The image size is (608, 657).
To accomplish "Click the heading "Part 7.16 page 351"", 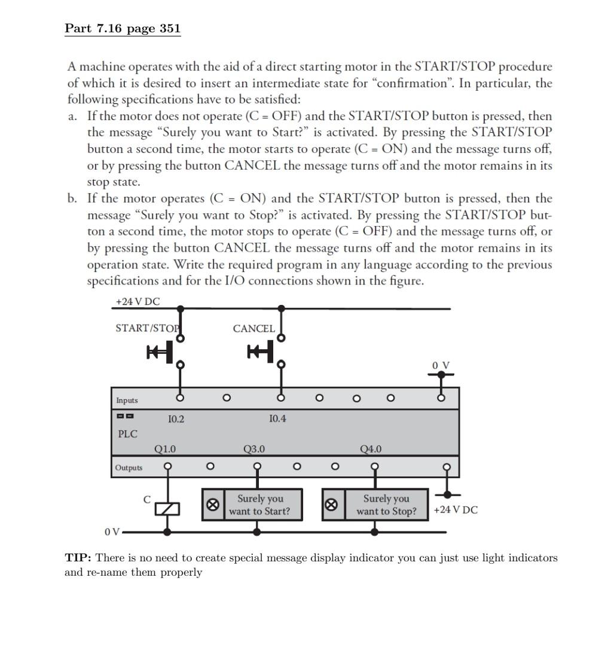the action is [123, 29].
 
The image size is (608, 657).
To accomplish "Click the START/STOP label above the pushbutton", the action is [148, 328].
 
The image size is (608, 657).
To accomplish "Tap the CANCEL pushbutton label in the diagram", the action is [254, 329].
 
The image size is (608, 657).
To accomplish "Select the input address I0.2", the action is [176, 419].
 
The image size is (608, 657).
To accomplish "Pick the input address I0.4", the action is [277, 418].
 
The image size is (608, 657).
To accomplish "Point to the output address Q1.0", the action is [165, 449].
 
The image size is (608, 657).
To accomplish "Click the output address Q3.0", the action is [254, 449].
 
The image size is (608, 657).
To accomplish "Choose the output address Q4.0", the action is [371, 449].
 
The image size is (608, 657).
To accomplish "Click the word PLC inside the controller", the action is [127, 434].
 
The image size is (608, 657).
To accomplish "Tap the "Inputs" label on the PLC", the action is [127, 401].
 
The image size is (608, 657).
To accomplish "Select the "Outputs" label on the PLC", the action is [129, 467].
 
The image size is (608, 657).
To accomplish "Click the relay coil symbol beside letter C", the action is [167, 509].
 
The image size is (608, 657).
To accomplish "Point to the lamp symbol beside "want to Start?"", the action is [213, 505].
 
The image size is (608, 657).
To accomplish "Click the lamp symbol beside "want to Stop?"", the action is [331, 505].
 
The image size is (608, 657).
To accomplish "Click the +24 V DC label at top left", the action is [138, 302].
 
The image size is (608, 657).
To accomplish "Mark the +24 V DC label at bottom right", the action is [456, 510].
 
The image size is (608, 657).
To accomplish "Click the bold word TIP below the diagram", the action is [78, 558].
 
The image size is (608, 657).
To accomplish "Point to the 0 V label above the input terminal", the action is [441, 365].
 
